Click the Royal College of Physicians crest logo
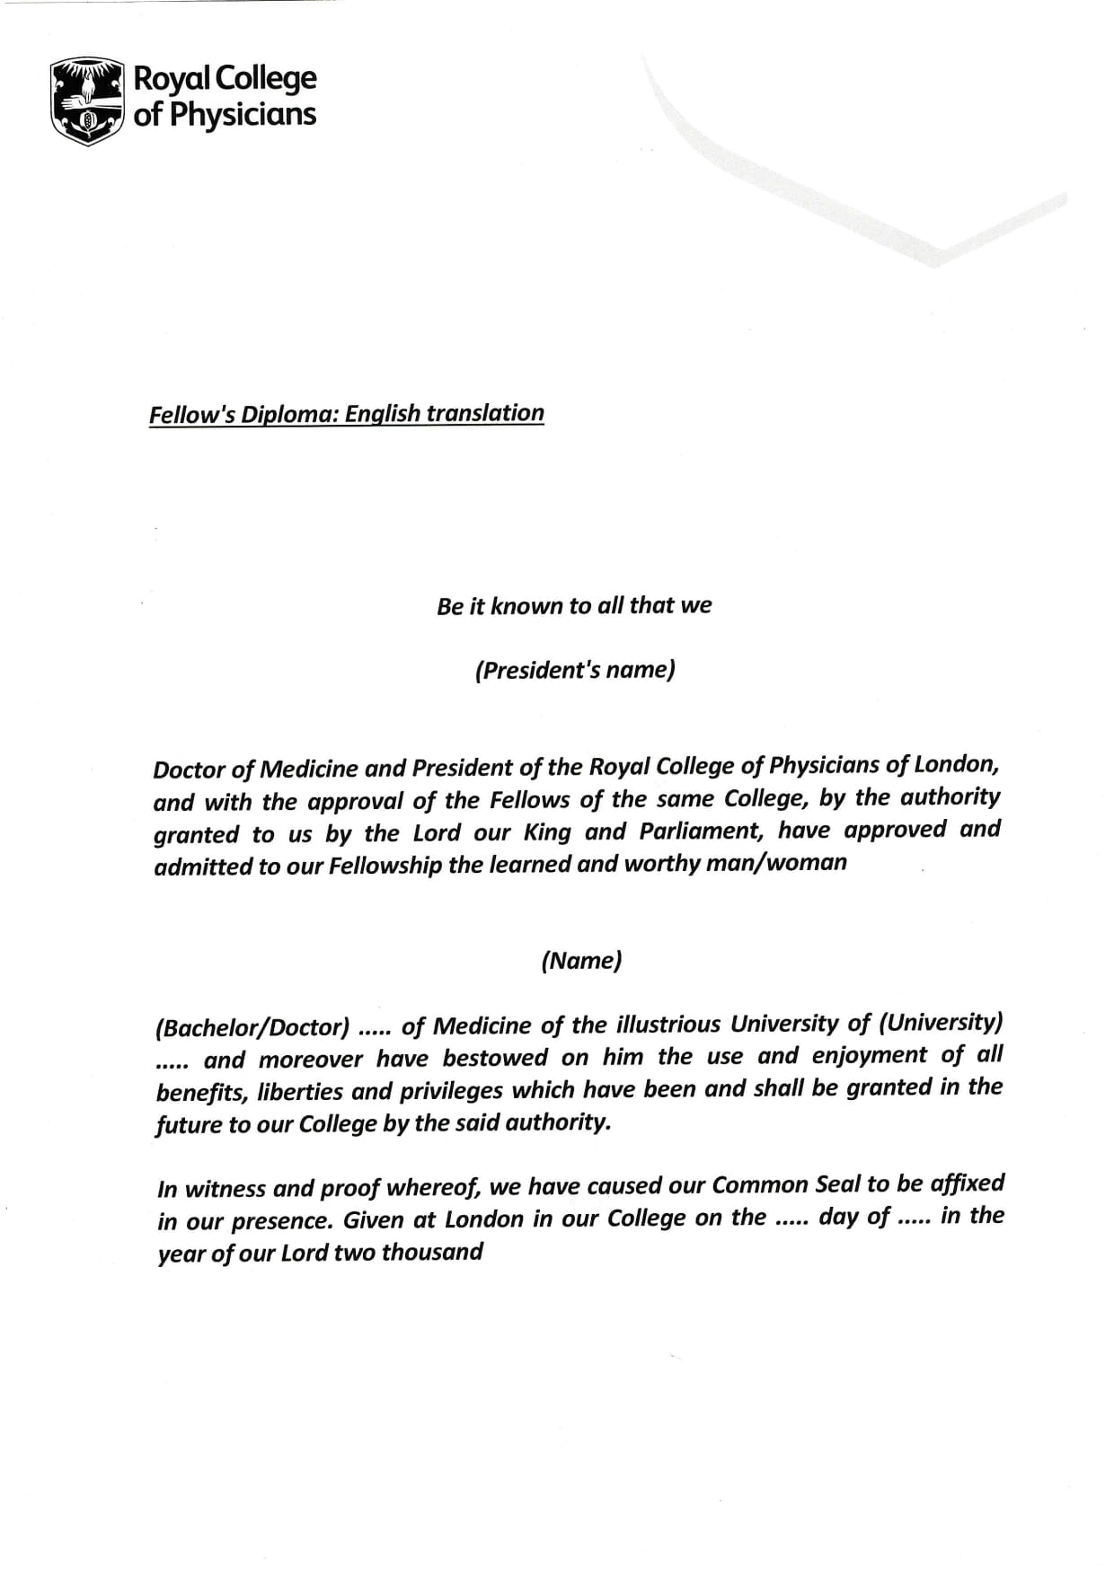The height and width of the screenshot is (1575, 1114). [x=86, y=100]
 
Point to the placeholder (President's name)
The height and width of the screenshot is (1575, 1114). [x=575, y=670]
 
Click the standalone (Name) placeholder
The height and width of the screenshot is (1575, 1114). [x=581, y=961]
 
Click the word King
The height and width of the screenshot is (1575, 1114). [x=546, y=832]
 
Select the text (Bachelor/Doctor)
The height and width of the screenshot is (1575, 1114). [x=252, y=1026]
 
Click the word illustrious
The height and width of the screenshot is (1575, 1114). [x=668, y=1025]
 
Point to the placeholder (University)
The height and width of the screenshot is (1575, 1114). [x=940, y=1023]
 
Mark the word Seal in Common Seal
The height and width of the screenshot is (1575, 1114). [x=838, y=1184]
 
